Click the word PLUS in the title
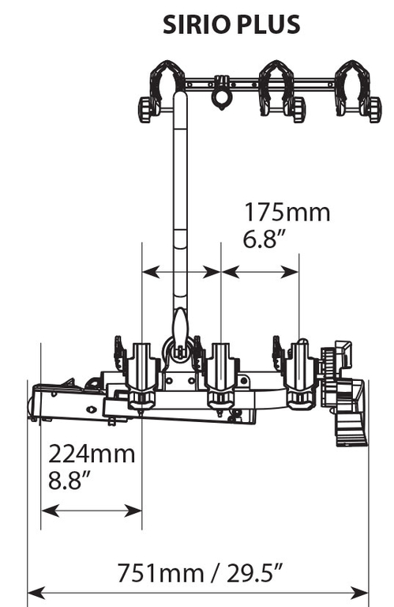268,25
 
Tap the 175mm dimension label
287,213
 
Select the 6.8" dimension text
266,239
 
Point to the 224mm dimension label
92,454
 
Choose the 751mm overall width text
160,573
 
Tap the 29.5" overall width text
255,573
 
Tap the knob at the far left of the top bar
144,110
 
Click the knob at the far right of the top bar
375,110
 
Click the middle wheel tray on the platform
221,375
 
